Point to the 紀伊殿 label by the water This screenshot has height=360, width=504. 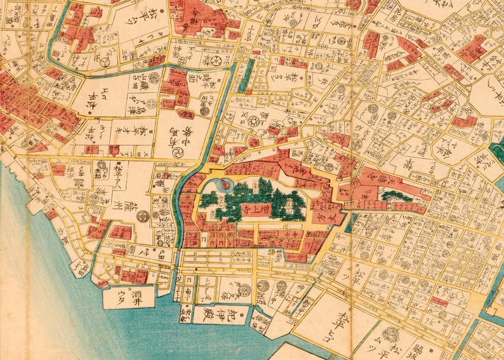pyautogui.click(x=214, y=313)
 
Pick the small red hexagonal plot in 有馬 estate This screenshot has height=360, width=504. pyautogui.click(x=187, y=115)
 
